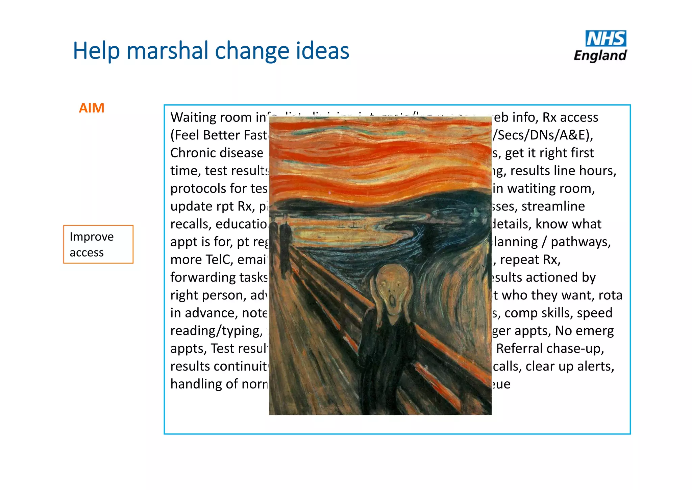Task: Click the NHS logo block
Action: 606,39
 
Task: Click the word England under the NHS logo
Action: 600,55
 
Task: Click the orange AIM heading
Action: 92,108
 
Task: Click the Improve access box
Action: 98,244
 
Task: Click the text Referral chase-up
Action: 550,348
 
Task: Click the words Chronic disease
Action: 217,153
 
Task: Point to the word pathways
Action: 580,242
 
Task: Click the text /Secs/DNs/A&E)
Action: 543,135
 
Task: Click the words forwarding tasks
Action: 219,277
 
